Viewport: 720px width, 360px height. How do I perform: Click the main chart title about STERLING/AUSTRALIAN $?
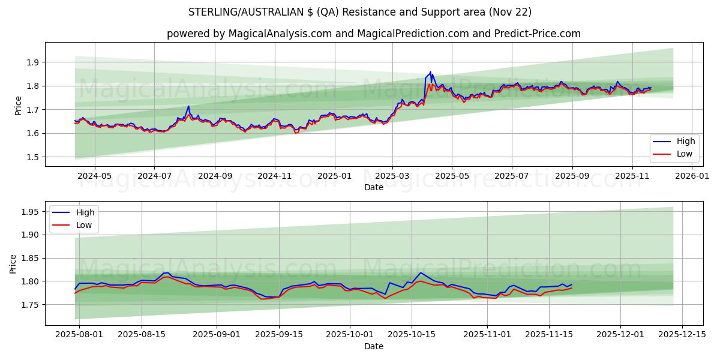tap(360, 12)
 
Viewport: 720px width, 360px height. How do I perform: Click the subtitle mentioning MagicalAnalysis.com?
tap(373, 34)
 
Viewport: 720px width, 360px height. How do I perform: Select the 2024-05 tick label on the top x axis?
tap(95, 176)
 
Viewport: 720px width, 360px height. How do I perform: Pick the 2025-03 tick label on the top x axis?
tap(392, 176)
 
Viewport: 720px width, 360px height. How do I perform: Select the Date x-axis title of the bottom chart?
tap(373, 346)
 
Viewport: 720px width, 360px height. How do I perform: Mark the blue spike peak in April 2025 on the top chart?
tap(430, 72)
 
